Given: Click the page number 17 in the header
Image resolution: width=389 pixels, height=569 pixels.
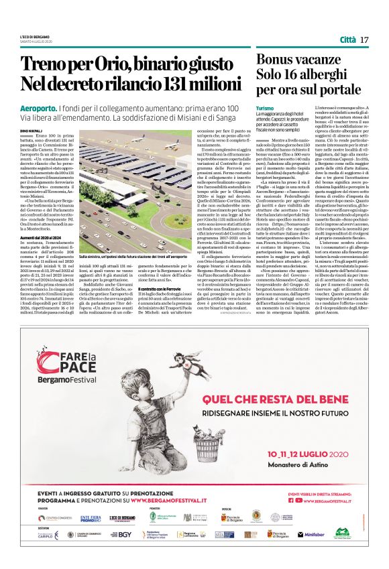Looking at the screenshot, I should (x=364, y=40).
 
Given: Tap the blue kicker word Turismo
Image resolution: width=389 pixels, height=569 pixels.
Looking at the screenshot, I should (x=266, y=108).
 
